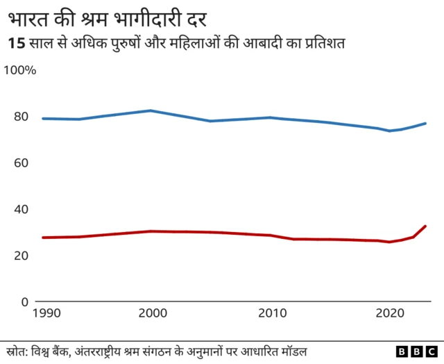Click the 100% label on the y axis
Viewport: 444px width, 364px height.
22,70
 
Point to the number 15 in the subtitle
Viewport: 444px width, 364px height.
15,43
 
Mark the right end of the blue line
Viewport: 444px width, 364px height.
425,124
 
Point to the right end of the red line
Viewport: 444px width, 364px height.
425,226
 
